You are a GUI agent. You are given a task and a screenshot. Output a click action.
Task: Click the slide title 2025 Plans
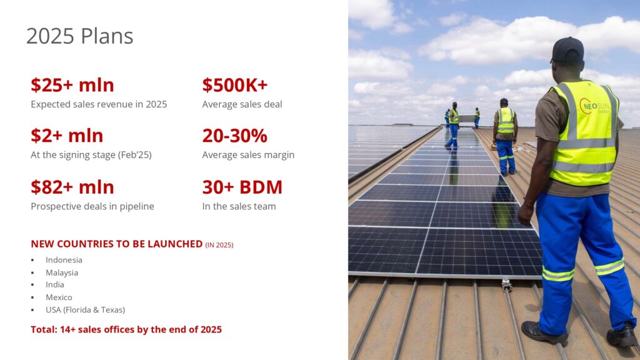tap(79, 36)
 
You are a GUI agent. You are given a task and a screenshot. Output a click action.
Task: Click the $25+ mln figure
tap(72, 85)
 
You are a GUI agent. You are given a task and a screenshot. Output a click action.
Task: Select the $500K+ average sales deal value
tap(235, 85)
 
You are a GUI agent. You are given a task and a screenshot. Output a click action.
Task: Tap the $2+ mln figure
tap(67, 136)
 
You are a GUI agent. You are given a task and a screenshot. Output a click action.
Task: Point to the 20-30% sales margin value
tap(235, 136)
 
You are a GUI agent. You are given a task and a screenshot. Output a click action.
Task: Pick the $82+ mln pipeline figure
tap(72, 187)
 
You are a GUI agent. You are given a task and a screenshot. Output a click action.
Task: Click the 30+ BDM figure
tap(242, 187)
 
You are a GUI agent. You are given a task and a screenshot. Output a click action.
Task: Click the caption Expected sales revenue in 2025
tap(99, 104)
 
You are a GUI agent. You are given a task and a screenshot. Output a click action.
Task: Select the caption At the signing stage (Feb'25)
tap(91, 155)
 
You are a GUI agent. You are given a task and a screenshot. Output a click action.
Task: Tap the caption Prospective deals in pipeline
tap(92, 206)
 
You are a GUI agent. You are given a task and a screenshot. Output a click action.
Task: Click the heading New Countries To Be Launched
tap(117, 244)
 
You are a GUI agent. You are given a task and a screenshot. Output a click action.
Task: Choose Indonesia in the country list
tap(64, 260)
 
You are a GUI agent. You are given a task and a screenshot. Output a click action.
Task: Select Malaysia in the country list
tap(62, 272)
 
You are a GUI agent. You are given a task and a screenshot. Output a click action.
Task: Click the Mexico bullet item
tap(59, 297)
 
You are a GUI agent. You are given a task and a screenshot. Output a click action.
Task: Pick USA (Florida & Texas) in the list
tap(85, 310)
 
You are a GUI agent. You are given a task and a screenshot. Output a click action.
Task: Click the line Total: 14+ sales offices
tap(126, 329)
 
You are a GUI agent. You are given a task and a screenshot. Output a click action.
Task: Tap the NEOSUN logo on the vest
tap(595, 106)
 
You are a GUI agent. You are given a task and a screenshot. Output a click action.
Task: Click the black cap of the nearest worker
tap(567, 49)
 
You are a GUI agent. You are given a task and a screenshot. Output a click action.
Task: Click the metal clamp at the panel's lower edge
tap(506, 284)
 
